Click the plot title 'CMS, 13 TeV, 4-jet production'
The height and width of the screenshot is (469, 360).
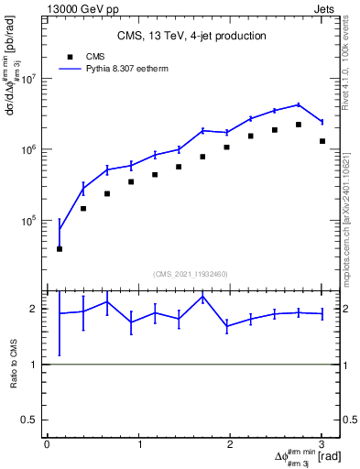191,36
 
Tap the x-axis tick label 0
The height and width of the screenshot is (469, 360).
47,444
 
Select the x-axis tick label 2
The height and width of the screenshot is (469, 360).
230,444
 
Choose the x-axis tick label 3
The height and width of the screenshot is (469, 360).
321,444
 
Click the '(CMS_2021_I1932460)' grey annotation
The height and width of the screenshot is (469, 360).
191,274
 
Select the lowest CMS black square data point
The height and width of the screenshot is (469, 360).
60,248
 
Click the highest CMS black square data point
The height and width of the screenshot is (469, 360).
299,125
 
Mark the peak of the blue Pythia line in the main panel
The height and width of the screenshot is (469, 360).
299,104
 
